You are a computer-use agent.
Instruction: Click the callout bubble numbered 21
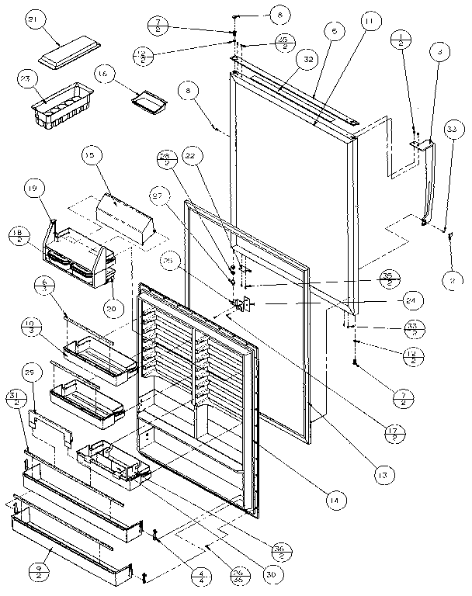[x=54, y=22]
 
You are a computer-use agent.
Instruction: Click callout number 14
[x=333, y=502]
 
